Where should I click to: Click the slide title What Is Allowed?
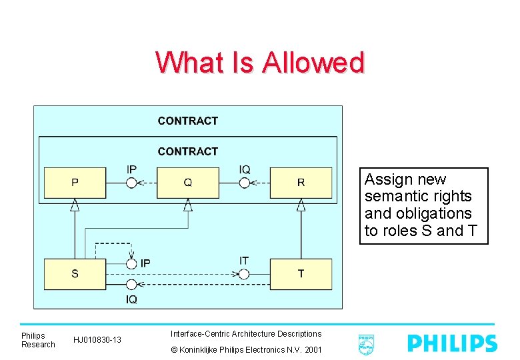[x=260, y=63]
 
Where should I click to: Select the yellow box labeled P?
[x=75, y=183]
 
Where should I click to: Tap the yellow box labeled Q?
[x=187, y=183]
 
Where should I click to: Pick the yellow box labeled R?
[x=301, y=183]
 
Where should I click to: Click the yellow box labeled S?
[x=75, y=274]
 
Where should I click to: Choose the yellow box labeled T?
[x=301, y=274]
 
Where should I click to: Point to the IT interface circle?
[x=244, y=274]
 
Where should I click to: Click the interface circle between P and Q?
[x=131, y=183]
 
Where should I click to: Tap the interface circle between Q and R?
[x=245, y=183]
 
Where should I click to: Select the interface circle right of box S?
[x=131, y=264]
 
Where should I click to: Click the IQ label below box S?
[x=131, y=299]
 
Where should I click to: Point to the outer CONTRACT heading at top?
[x=187, y=121]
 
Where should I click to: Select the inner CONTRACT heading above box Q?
[x=187, y=151]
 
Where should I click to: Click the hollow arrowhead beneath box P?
[x=75, y=205]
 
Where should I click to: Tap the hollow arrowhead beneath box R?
[x=301, y=205]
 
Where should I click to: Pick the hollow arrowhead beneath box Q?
[x=188, y=205]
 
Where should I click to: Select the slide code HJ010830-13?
[x=97, y=340]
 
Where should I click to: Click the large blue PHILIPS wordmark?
[x=451, y=343]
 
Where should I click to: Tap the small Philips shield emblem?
[x=365, y=344]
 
